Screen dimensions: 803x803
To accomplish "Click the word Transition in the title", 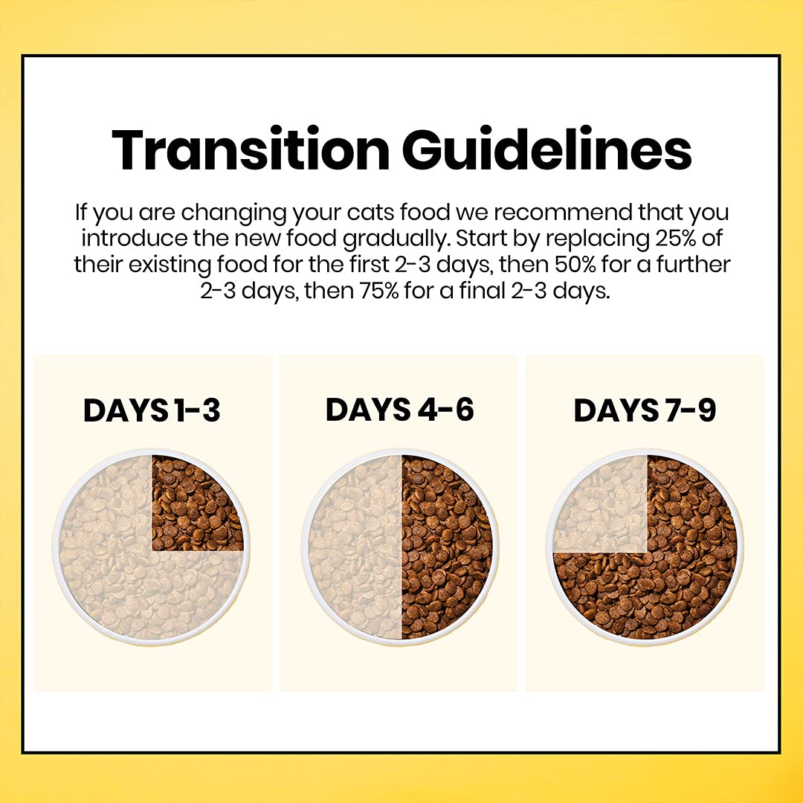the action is tap(250, 149).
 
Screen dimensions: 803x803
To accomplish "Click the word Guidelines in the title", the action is tap(546, 149).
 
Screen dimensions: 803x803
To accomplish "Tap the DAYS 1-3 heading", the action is tap(152, 410).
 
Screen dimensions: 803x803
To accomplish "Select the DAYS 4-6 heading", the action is tap(399, 410).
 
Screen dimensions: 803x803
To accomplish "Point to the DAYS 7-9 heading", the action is tap(645, 410).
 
